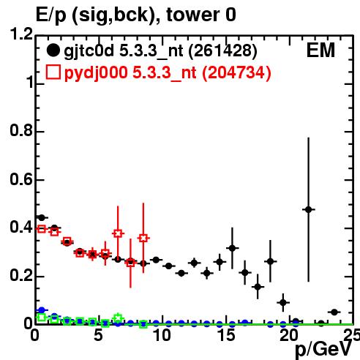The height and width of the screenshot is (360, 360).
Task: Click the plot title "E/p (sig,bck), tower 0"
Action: (x=136, y=15)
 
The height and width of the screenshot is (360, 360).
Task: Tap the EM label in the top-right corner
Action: (x=320, y=50)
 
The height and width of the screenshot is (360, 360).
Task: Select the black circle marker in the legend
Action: (x=53, y=50)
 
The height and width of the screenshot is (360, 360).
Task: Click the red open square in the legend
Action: (x=53, y=72)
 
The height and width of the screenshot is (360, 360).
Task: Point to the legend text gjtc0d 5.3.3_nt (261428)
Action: (x=160, y=51)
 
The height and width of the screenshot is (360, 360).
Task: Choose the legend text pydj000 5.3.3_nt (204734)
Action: (x=168, y=73)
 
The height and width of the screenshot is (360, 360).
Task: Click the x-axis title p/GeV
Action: (x=323, y=349)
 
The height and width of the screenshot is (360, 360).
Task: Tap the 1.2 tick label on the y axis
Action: (x=21, y=34)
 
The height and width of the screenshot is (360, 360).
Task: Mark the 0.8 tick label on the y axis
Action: (x=21, y=130)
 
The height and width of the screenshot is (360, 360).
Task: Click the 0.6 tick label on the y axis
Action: (x=21, y=179)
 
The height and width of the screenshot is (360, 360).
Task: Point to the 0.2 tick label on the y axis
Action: (x=21, y=275)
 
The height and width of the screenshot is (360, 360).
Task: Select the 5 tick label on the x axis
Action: (x=98, y=335)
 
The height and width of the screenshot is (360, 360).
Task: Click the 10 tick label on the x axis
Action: (x=162, y=335)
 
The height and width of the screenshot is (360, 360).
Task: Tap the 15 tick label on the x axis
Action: (x=226, y=335)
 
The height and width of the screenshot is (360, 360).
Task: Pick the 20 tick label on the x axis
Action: (x=289, y=335)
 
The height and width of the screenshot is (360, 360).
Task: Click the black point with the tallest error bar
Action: (x=308, y=209)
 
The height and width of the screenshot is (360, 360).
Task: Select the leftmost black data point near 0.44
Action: (x=42, y=217)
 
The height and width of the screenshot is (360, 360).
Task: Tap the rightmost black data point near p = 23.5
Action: (x=334, y=312)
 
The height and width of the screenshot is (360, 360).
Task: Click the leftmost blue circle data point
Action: (x=42, y=310)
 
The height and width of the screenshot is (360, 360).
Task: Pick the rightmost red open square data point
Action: (x=143, y=238)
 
